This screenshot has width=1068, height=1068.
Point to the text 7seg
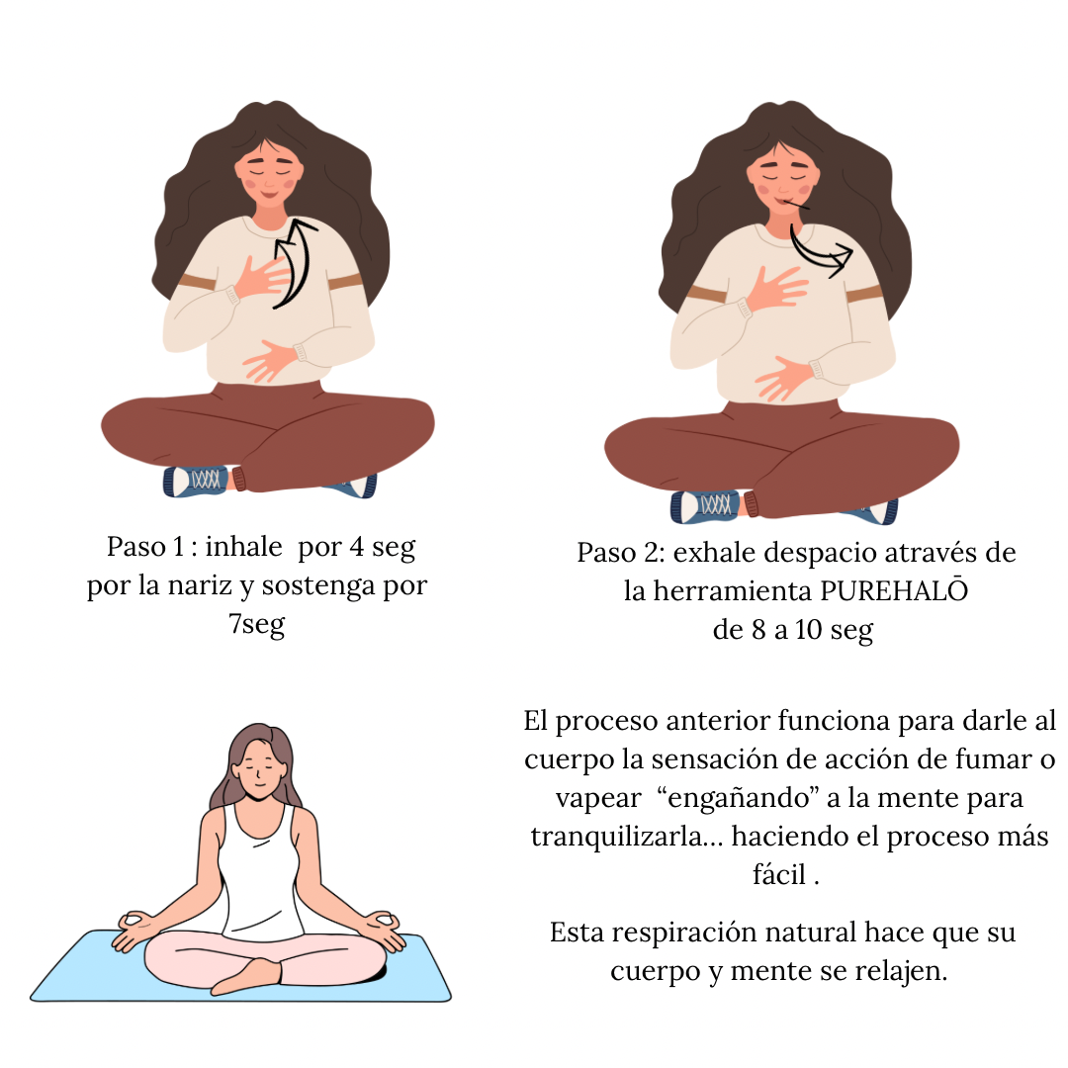(x=257, y=624)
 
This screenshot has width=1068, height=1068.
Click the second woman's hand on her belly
(x=783, y=377)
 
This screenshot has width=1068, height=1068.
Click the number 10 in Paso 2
(x=808, y=629)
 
